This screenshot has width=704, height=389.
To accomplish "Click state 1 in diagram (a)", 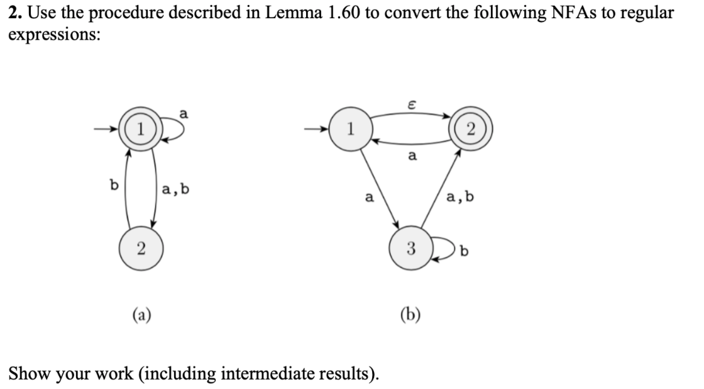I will point(142,130).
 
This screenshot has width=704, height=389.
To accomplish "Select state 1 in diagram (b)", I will point(350,130).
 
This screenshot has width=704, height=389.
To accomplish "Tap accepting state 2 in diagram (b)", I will point(471,130).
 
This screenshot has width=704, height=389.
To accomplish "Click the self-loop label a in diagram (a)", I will point(183,113).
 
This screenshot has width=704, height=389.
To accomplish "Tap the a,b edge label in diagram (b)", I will point(461,198).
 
